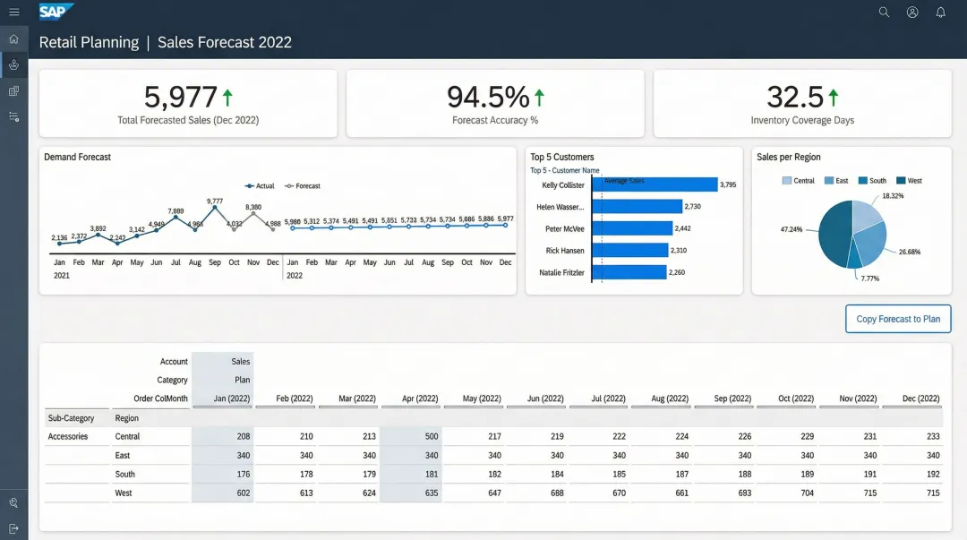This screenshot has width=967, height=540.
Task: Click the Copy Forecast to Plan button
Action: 898,319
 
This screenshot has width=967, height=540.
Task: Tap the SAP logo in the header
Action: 56,12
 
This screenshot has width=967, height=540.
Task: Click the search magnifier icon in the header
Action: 884,13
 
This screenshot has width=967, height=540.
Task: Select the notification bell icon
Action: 940,13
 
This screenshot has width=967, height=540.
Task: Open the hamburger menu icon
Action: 13,13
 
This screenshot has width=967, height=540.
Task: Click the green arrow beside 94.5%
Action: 539,97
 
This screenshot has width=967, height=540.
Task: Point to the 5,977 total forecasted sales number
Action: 180,97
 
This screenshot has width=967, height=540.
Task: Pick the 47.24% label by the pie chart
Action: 791,229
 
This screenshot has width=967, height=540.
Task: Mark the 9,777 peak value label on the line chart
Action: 215,201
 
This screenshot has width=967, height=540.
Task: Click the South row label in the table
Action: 125,475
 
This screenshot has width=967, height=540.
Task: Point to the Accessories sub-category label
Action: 67,437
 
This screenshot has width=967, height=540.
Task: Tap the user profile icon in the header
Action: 912,13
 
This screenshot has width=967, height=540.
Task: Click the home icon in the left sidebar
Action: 13,39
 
